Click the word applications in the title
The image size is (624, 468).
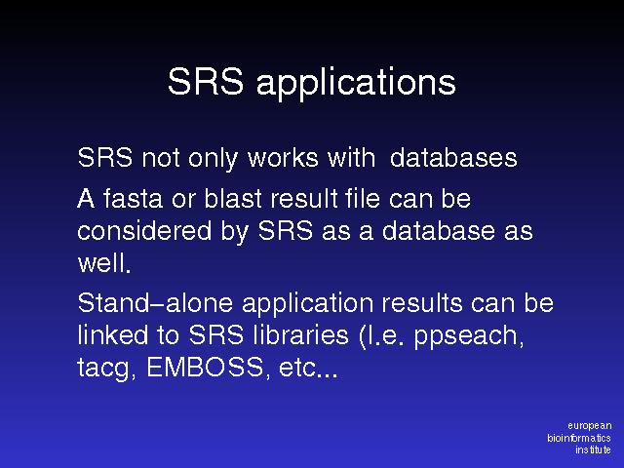[x=356, y=83]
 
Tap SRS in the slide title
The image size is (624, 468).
[x=206, y=81]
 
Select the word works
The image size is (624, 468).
[x=284, y=158]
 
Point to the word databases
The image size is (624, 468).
[x=453, y=158]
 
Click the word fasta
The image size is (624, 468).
[x=133, y=198]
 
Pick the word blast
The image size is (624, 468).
[x=233, y=198]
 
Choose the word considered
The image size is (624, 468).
[x=144, y=230]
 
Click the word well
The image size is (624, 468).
[x=104, y=263]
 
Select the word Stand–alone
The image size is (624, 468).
[x=155, y=303]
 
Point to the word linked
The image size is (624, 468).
[x=113, y=334]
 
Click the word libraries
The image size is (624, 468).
[x=301, y=334]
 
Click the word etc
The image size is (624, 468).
[x=308, y=368]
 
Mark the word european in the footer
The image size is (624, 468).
[x=590, y=426]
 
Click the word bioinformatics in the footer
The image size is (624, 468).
[x=579, y=438]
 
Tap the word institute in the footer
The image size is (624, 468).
[x=593, y=449]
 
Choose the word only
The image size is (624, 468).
[x=213, y=159]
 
